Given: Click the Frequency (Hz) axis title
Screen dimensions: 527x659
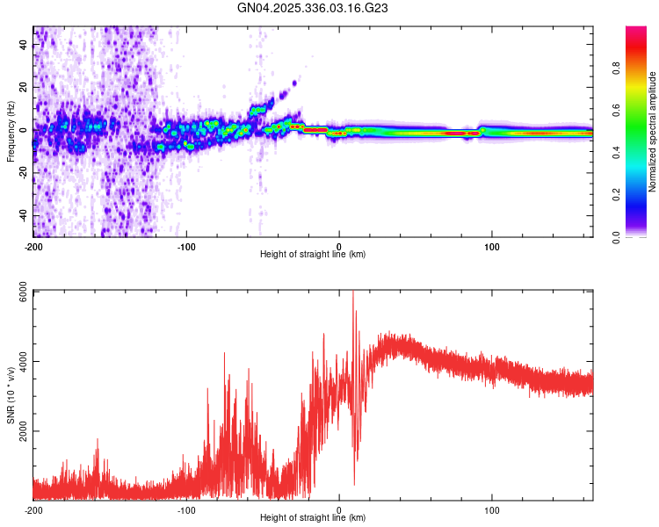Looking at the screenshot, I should coord(11,132).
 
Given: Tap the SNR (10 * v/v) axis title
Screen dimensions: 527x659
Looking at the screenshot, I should coord(11,395).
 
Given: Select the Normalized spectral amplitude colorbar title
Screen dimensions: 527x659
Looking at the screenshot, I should coord(653,132).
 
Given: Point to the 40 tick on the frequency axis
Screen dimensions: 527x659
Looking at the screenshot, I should coord(24,46).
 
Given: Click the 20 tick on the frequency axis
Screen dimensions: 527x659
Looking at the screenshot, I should coord(24,88).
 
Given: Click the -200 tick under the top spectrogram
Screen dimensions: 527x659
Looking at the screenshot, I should coord(33,245).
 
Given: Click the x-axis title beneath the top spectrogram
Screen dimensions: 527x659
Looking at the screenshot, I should coord(313,255).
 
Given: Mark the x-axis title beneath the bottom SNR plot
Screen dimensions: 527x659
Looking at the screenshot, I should coord(313,518).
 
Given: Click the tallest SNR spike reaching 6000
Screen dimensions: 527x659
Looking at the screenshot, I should coord(353,295).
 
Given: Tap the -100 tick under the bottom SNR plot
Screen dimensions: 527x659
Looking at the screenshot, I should coord(186,509).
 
